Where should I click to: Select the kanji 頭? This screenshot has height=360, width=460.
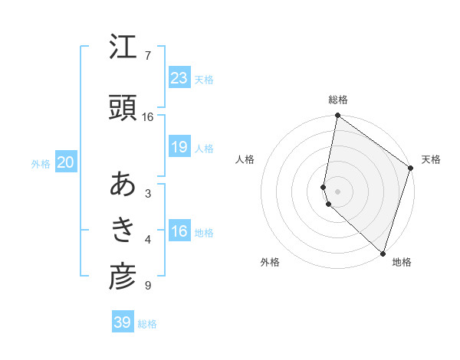click(123, 108)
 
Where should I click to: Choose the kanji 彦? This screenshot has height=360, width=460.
click(123, 278)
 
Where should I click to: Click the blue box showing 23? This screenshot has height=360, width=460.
click(179, 78)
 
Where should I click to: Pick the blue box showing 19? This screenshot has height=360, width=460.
click(179, 147)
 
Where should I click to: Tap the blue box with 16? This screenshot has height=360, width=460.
click(179, 231)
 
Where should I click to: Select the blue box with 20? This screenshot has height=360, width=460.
click(66, 162)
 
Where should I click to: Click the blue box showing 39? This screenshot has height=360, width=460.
click(123, 322)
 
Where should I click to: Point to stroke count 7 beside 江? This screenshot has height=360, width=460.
click(147, 56)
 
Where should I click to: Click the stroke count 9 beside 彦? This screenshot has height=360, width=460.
click(147, 286)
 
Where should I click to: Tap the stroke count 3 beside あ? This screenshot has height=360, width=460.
click(147, 193)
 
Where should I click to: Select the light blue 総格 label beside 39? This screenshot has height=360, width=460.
click(147, 324)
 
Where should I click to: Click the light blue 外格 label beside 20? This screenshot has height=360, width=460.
click(41, 163)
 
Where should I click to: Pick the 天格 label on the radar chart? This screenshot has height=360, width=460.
click(431, 159)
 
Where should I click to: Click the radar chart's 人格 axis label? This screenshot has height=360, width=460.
click(245, 159)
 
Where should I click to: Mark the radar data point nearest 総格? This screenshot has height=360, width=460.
click(337, 116)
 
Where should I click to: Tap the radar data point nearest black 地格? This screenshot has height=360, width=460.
click(382, 254)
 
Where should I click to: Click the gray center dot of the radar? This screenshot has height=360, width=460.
click(337, 191)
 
